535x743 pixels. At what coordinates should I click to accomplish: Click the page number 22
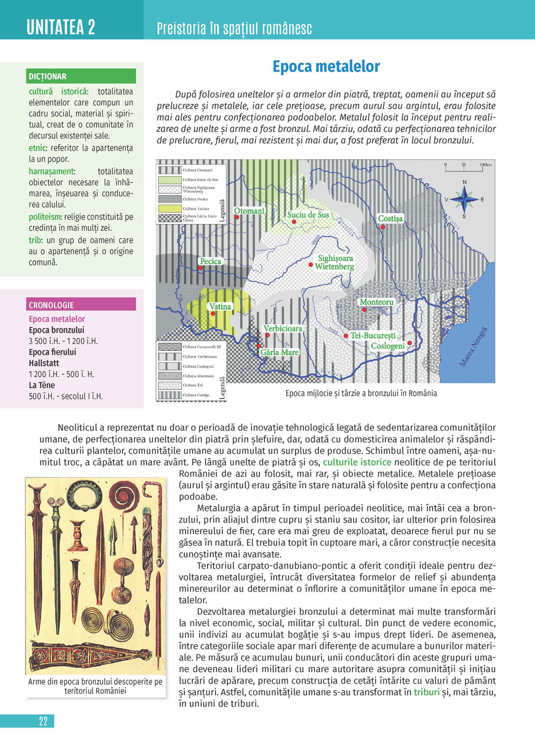(x=43, y=721)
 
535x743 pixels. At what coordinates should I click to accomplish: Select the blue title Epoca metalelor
(x=326, y=66)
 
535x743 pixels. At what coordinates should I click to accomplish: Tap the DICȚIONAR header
(x=48, y=76)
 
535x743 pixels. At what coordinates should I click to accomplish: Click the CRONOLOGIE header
(x=51, y=305)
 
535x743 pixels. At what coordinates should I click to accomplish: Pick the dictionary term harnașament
(x=51, y=172)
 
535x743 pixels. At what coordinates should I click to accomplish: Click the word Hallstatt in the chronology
(x=44, y=363)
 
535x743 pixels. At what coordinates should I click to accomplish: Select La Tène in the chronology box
(x=42, y=385)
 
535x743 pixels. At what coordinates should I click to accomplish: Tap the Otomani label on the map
(x=249, y=211)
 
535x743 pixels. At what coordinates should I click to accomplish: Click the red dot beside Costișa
(x=383, y=227)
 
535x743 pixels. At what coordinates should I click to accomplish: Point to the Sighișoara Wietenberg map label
(x=335, y=262)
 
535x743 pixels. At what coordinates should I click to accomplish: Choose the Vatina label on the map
(x=220, y=306)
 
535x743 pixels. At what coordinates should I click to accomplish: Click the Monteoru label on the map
(x=377, y=302)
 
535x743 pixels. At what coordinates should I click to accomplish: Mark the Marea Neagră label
(x=473, y=346)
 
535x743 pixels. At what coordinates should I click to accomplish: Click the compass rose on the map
(x=464, y=199)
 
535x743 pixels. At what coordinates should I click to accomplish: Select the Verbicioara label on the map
(x=282, y=328)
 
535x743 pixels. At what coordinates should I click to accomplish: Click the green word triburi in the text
(x=426, y=692)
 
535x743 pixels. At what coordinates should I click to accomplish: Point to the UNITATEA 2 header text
(x=61, y=27)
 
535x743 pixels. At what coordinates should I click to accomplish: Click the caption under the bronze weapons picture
(x=95, y=686)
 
